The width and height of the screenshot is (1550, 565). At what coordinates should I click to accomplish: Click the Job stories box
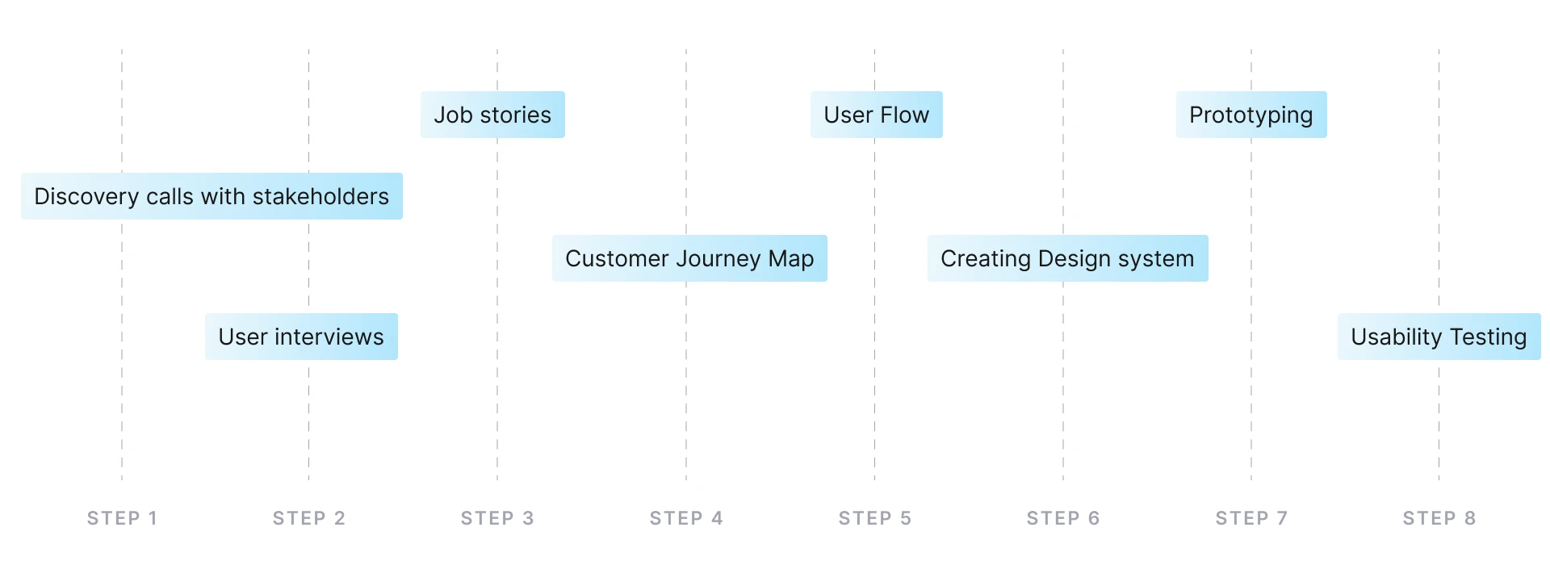492,115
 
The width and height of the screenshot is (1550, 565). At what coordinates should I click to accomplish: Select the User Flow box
876,115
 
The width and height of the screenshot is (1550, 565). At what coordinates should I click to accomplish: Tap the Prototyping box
1250,115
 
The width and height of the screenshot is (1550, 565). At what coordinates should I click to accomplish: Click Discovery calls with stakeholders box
212,196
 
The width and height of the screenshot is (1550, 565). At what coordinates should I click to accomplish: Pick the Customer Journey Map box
689,258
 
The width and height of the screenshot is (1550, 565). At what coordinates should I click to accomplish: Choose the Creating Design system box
1067,258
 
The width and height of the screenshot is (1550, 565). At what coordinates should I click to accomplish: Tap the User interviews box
301,337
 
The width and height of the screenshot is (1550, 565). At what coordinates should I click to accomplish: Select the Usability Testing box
1439,337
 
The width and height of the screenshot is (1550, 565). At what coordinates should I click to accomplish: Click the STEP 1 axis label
122,518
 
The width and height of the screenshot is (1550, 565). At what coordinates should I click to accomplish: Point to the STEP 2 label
309,518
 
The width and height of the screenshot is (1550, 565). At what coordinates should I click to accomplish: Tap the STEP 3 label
497,518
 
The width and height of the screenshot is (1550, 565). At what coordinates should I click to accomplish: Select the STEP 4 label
686,518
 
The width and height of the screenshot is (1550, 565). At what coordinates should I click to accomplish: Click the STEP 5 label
875,518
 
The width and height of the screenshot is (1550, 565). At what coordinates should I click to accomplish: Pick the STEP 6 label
1063,518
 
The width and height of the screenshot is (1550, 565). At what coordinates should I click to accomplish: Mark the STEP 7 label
1251,518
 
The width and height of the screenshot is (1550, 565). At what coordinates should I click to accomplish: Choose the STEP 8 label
1439,518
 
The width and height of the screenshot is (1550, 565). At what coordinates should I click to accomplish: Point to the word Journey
718,259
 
